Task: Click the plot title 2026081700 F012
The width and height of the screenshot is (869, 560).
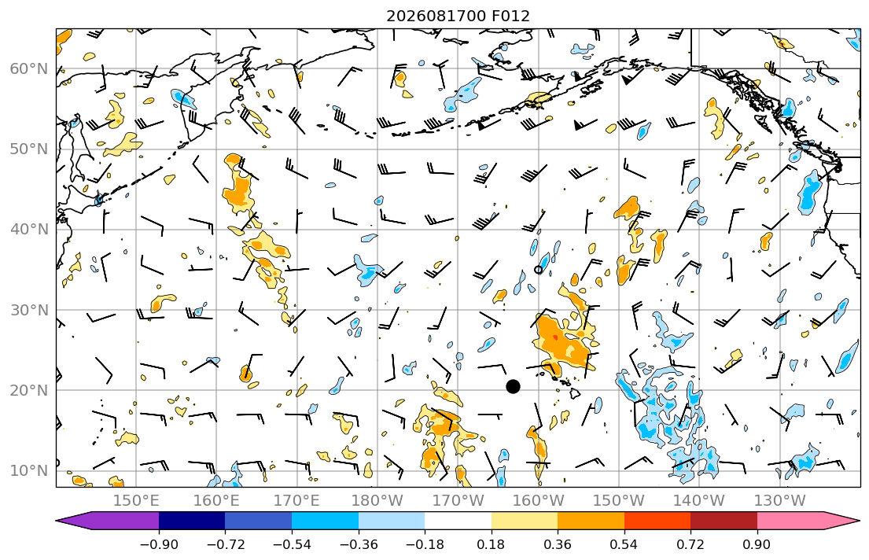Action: (x=458, y=16)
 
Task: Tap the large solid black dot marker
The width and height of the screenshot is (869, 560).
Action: (x=514, y=386)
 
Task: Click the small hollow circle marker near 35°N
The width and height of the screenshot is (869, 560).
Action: (x=538, y=270)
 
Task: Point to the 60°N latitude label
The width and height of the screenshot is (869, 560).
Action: (x=29, y=68)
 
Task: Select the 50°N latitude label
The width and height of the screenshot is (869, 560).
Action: (x=29, y=149)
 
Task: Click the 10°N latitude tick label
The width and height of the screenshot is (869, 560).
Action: (x=29, y=471)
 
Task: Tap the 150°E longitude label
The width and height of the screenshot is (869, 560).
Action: (x=136, y=501)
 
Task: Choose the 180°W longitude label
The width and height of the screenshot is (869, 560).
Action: (x=378, y=501)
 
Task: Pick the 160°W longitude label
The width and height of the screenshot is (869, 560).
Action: (x=539, y=501)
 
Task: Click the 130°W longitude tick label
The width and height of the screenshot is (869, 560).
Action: (x=780, y=501)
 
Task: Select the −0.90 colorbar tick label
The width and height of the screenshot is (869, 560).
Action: (x=159, y=544)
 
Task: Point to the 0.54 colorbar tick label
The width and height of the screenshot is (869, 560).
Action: (x=624, y=544)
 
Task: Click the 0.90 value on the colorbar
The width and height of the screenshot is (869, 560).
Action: (x=757, y=544)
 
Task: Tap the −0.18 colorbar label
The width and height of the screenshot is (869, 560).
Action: (x=425, y=544)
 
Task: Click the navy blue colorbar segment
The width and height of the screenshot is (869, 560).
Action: (x=192, y=521)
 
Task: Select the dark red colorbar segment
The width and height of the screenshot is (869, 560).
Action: (x=724, y=521)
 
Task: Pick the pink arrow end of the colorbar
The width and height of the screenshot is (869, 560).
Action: (x=804, y=521)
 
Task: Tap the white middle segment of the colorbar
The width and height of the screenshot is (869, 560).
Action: (x=458, y=521)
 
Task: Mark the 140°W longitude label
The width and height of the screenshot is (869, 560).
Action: (x=699, y=501)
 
